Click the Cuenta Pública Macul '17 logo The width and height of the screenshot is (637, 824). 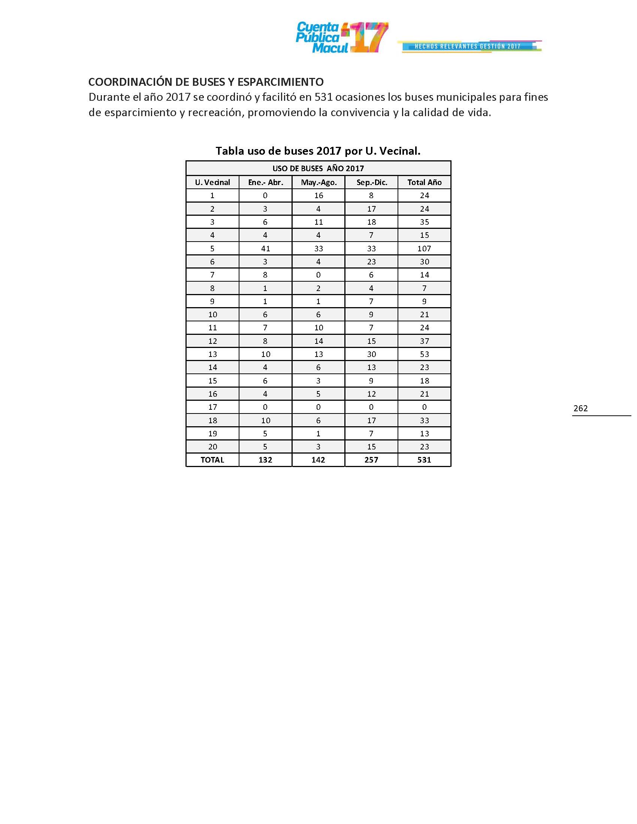click(341, 38)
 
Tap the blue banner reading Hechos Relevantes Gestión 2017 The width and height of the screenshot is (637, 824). click(468, 46)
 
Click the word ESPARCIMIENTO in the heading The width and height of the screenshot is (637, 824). click(280, 82)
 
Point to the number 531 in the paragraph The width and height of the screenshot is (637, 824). click(323, 97)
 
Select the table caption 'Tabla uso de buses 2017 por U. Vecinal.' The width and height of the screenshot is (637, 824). click(318, 151)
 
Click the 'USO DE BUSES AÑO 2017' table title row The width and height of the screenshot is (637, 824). click(318, 169)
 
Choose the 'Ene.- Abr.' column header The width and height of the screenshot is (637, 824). click(265, 183)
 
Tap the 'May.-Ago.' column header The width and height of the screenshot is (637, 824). click(318, 183)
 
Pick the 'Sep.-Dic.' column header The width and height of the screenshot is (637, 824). click(372, 183)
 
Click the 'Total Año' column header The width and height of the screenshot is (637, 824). click(424, 183)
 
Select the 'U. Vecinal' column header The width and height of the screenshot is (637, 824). click(212, 183)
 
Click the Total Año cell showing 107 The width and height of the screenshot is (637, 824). click(424, 249)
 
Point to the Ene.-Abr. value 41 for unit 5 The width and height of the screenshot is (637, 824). click(265, 249)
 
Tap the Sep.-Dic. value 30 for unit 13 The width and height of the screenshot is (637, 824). click(371, 354)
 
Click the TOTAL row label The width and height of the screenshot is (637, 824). click(212, 460)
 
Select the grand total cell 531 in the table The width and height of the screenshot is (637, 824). click(424, 460)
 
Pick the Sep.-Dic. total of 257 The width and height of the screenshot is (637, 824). click(371, 460)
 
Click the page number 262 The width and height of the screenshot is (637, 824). click(580, 408)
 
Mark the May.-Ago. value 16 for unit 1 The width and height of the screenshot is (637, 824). click(318, 196)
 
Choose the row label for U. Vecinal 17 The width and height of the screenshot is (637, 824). click(212, 407)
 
